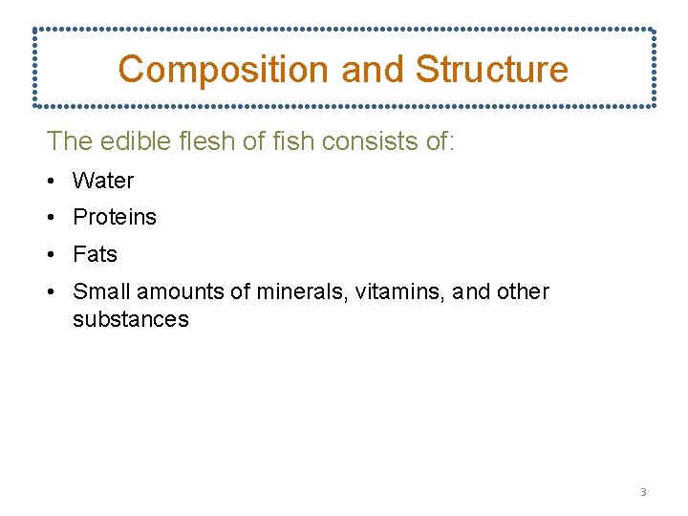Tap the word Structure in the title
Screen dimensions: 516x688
click(x=491, y=69)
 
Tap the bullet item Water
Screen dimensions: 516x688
click(x=103, y=181)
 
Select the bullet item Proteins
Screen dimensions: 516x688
click(x=115, y=217)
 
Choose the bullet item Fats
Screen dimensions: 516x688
click(x=96, y=254)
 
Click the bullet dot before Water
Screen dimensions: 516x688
click(x=53, y=181)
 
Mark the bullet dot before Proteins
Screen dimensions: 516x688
click(x=53, y=217)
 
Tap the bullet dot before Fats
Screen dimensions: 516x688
click(x=53, y=254)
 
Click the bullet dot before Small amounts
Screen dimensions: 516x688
click(x=53, y=291)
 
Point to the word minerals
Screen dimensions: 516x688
click(x=302, y=291)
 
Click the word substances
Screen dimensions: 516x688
click(x=131, y=319)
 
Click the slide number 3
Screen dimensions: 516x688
click(x=643, y=493)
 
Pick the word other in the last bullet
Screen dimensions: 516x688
click(x=524, y=291)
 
